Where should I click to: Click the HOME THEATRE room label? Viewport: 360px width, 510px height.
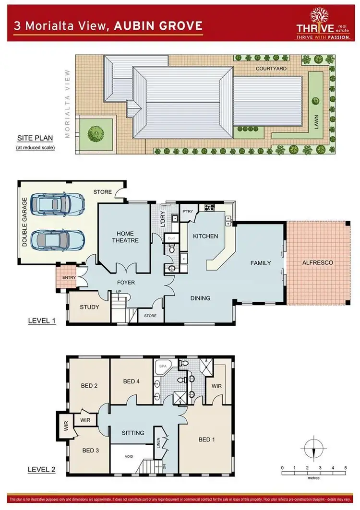coord(125,237)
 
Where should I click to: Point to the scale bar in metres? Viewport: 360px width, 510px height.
coord(313,473)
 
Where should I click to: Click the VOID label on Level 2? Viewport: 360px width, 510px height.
coord(129,456)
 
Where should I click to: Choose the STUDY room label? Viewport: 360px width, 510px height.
coord(89,307)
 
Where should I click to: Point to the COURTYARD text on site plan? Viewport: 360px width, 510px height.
coord(271,69)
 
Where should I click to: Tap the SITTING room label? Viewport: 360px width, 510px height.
coord(133,433)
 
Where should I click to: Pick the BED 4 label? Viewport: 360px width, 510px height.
coord(131,381)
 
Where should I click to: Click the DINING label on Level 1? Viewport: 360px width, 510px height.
coord(200,298)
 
